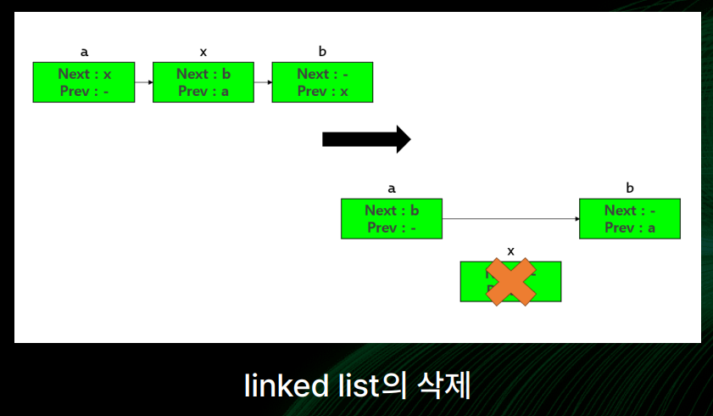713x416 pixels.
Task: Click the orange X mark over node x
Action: pyautogui.click(x=510, y=282)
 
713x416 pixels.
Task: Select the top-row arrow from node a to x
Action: pyautogui.click(x=143, y=82)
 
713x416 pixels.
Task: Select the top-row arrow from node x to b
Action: pyautogui.click(x=263, y=82)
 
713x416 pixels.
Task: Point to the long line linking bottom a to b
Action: pyautogui.click(x=510, y=219)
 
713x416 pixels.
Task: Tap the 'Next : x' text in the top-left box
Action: pyautogui.click(x=84, y=74)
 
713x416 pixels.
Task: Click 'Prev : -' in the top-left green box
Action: pyautogui.click(x=84, y=92)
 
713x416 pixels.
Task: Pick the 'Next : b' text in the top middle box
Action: pyautogui.click(x=203, y=74)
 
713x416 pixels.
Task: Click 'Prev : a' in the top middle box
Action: pyautogui.click(x=203, y=92)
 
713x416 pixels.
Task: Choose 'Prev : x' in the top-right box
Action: pyautogui.click(x=323, y=92)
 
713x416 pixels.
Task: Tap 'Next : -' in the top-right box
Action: pyautogui.click(x=323, y=74)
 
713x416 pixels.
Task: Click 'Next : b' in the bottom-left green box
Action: pyautogui.click(x=392, y=211)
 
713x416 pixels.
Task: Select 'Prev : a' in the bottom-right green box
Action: pyautogui.click(x=630, y=228)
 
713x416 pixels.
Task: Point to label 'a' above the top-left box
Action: pyautogui.click(x=84, y=53)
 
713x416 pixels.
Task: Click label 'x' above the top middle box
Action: pyautogui.click(x=203, y=53)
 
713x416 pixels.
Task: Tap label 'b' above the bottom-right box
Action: pyautogui.click(x=630, y=188)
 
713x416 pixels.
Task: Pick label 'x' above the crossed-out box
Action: pyautogui.click(x=510, y=250)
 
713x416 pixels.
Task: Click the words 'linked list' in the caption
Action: pyautogui.click(x=308, y=386)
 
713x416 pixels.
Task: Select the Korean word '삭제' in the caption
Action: pyautogui.click(x=443, y=386)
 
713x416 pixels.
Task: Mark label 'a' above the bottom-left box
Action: pyautogui.click(x=392, y=188)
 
